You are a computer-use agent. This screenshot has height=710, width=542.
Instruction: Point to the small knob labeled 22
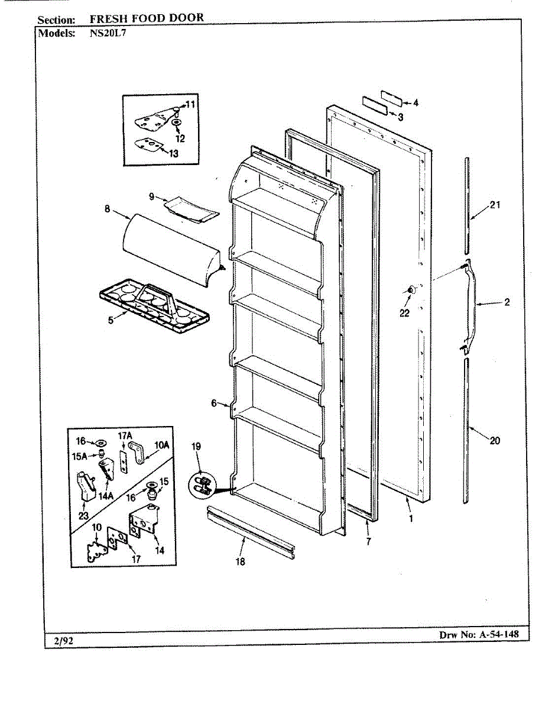click(410, 289)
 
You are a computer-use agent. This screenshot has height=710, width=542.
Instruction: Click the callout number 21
click(495, 205)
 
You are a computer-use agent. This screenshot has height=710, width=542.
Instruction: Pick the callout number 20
click(495, 440)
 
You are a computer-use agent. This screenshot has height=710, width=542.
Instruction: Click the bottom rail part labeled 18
click(251, 531)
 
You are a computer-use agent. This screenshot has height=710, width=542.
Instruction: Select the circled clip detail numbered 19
click(202, 485)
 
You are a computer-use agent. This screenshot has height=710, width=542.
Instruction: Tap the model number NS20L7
click(108, 33)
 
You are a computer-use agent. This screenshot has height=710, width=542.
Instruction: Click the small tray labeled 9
click(191, 208)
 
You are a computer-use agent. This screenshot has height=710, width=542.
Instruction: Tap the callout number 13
click(173, 153)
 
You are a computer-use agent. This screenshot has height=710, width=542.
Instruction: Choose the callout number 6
click(214, 403)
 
